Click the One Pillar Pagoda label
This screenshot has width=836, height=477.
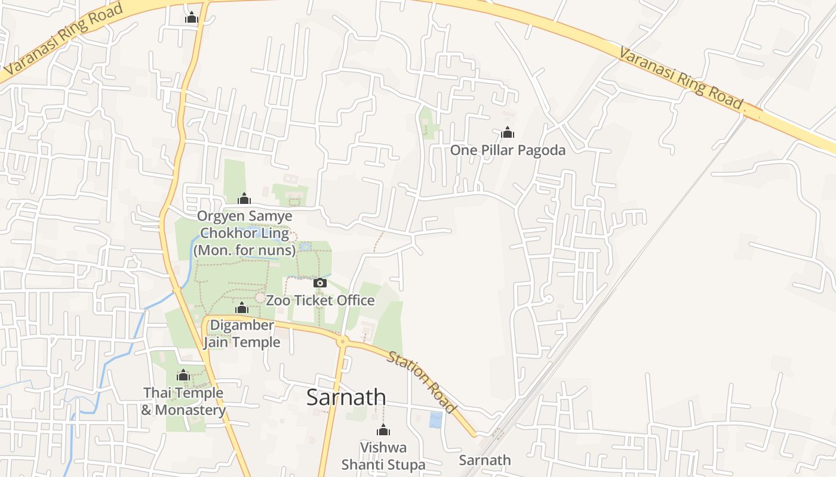click(508, 150)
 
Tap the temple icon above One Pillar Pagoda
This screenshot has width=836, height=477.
click(508, 132)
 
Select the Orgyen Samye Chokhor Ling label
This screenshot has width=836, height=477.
click(245, 233)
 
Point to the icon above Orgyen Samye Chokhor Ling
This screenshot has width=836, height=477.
click(244, 199)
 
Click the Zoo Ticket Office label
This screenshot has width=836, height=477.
click(320, 301)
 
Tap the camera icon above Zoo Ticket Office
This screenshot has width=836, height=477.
click(320, 283)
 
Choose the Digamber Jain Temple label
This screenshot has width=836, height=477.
click(242, 334)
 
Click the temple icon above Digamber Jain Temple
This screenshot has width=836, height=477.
click(242, 308)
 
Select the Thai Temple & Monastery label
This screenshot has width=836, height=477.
click(184, 401)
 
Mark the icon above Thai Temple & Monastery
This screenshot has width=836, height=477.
click(183, 376)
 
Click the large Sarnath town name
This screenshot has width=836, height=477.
click(346, 397)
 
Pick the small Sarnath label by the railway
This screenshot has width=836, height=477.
click(485, 460)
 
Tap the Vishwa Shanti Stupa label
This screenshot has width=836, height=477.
click(383, 456)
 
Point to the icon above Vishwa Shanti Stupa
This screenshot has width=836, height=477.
click(383, 430)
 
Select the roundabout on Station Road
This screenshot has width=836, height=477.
click(343, 342)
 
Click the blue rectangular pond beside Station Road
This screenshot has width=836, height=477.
click(436, 420)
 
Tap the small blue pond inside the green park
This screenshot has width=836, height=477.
click(305, 246)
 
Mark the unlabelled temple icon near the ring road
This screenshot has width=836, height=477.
click(192, 18)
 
